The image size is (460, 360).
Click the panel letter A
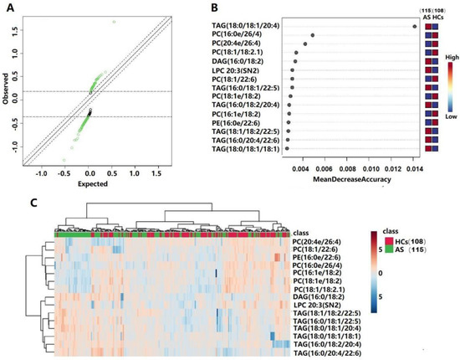10,10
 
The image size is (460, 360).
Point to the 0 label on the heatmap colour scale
378,274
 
